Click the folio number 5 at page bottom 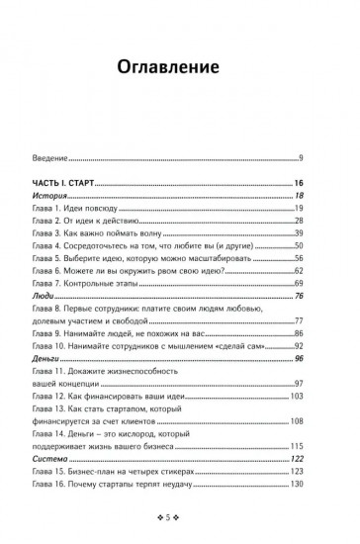(x=180, y=517)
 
